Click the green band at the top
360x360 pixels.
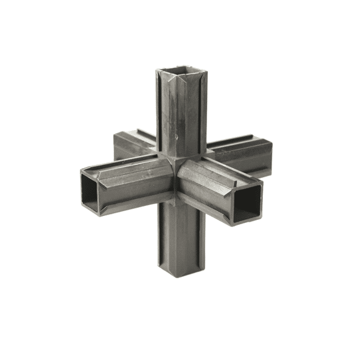pyautogui.click(x=180, y=22)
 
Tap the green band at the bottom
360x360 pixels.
pyautogui.click(x=180, y=337)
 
